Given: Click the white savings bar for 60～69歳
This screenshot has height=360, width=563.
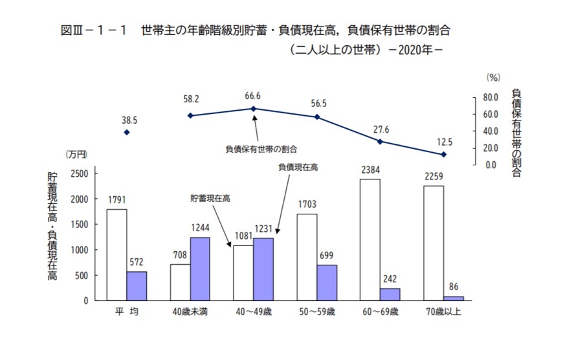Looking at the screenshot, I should (370, 240).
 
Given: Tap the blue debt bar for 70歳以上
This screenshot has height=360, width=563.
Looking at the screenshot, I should (454, 298).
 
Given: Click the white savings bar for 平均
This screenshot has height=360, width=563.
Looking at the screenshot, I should (116, 254).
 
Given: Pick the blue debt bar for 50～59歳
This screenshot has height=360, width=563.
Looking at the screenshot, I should (327, 282).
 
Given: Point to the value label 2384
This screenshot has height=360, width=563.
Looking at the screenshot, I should (370, 170).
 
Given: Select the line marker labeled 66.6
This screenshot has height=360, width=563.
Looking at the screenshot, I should (254, 109).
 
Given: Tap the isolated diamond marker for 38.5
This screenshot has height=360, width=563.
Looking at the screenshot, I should (127, 132).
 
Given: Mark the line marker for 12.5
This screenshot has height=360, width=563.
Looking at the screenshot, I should (443, 154).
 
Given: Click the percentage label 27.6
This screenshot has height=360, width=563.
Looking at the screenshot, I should (380, 130).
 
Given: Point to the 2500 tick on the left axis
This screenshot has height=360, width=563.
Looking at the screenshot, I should (80, 174).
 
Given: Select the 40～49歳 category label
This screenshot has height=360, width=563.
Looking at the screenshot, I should (254, 311).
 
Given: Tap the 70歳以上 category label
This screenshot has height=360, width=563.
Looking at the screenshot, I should (443, 311).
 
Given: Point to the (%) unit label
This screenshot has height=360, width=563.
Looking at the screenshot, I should (493, 77).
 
